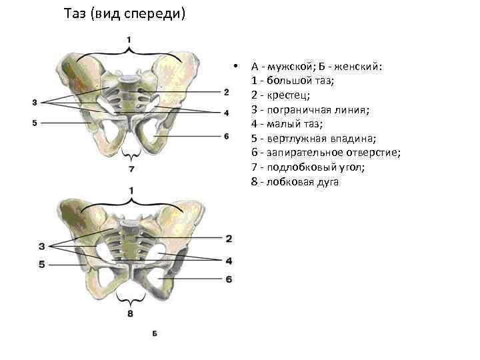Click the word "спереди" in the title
pos(159,14)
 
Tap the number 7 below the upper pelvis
pos(132,169)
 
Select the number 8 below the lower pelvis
pos(130,313)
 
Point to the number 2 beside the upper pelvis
pos(227,91)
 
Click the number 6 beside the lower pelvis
pos(229,279)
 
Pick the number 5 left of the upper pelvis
pos(35,123)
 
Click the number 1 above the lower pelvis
pos(131,191)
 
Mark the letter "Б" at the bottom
pos(155,333)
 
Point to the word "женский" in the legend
pos(358,67)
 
